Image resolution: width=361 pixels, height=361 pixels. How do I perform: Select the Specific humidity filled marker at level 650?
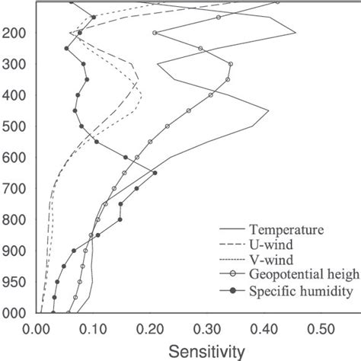(x=155, y=174)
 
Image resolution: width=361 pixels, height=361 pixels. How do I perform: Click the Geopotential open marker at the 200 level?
(x=155, y=33)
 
